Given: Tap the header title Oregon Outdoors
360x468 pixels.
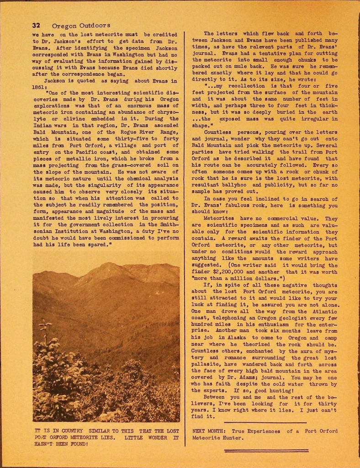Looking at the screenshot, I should click(x=81, y=25).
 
